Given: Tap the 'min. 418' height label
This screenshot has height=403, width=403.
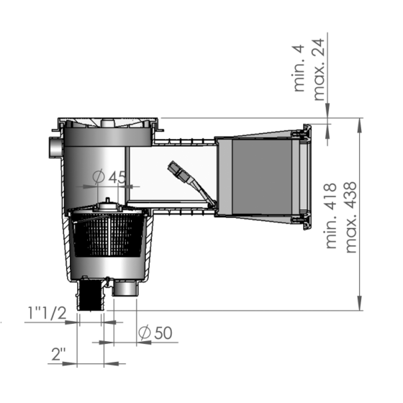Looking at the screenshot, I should click(x=333, y=214).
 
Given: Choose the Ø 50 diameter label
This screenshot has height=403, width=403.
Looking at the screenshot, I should click(x=154, y=332).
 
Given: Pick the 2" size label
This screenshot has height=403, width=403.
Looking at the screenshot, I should click(x=59, y=353).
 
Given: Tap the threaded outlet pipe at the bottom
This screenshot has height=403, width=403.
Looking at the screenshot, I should click(x=91, y=295).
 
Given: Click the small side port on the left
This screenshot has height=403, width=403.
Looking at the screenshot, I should click(x=54, y=148).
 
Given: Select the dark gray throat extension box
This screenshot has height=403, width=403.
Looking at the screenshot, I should click(x=253, y=176).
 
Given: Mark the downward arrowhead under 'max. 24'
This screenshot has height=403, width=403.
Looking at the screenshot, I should click(x=328, y=111).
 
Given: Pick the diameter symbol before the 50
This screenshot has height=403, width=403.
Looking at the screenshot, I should click(x=143, y=332).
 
